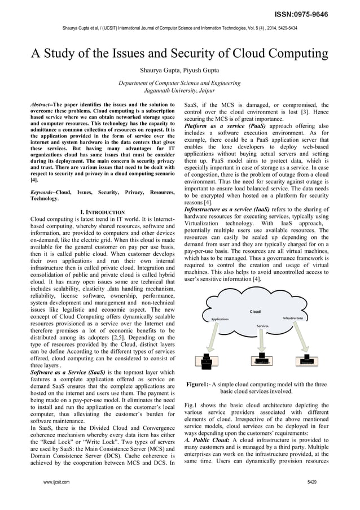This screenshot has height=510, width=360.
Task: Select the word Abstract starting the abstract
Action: (x=43, y=105)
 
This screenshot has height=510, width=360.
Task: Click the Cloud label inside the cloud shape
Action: (x=255, y=312)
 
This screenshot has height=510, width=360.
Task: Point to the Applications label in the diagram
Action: (x=219, y=319)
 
